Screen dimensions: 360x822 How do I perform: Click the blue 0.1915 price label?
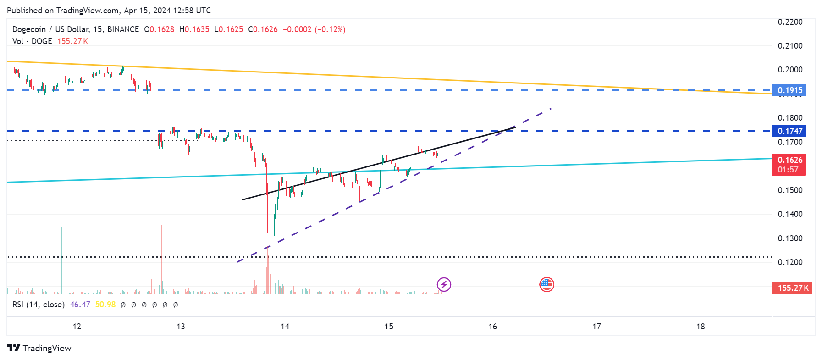click(789, 90)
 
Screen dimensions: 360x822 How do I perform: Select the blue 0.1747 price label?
click(789, 131)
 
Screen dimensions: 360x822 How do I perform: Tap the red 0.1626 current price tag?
click(789, 160)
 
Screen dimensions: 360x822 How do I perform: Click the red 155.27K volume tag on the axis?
click(793, 288)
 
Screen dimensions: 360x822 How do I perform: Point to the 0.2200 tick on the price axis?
click(790, 22)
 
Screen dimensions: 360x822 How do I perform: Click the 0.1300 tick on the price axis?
click(790, 238)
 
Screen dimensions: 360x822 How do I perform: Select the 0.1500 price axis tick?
click(790, 190)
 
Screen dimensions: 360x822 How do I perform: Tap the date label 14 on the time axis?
click(285, 327)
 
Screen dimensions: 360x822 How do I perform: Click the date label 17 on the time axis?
click(596, 327)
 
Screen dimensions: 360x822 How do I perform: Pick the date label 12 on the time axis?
click(77, 327)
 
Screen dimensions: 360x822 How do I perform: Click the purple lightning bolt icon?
click(444, 285)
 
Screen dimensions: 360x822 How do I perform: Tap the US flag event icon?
click(546, 285)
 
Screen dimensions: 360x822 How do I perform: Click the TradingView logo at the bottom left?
click(39, 348)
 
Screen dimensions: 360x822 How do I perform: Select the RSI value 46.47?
click(80, 305)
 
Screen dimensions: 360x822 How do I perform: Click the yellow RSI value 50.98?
click(105, 305)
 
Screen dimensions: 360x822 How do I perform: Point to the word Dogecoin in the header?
click(29, 29)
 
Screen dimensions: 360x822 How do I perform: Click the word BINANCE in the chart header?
click(123, 29)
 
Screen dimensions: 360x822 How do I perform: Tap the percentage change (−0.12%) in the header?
click(330, 29)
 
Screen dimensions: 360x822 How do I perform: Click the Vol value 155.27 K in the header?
click(72, 41)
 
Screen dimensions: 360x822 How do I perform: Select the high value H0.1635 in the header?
click(194, 29)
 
